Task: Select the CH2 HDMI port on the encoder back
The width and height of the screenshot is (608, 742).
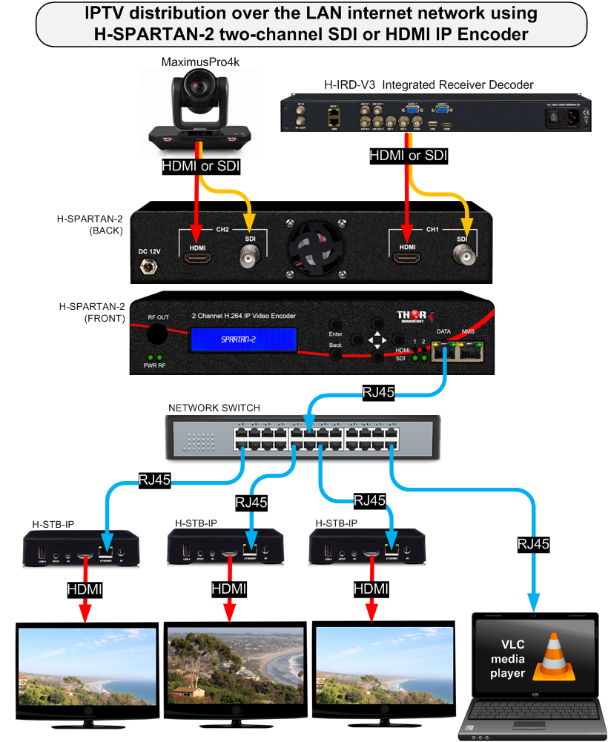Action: (197, 259)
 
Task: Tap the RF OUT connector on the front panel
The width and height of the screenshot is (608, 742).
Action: (156, 334)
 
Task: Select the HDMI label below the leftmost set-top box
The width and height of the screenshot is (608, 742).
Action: (84, 590)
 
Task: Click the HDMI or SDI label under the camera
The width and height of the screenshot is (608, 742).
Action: (201, 167)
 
